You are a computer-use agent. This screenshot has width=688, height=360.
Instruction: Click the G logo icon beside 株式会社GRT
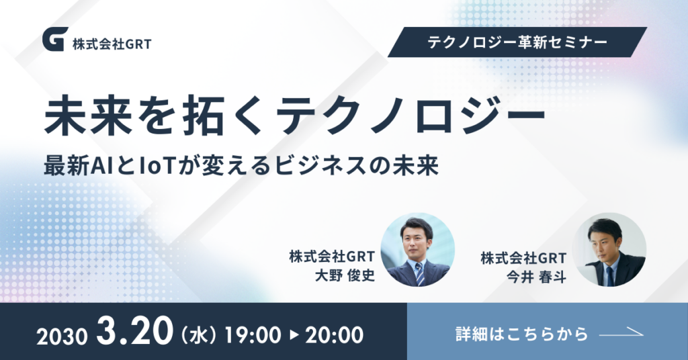coord(55,39)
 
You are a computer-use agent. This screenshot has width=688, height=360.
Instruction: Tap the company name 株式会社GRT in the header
coord(112,44)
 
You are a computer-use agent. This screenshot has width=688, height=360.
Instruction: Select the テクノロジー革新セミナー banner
coord(517,42)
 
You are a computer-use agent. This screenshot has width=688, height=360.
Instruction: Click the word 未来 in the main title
coord(88,116)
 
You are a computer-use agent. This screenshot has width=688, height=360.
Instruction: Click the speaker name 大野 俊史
coord(345,275)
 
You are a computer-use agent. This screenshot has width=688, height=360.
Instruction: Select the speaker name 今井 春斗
coord(537,277)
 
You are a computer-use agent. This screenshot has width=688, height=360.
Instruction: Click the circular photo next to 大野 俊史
coord(418,249)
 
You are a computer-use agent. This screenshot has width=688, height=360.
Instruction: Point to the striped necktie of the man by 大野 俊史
coord(420,273)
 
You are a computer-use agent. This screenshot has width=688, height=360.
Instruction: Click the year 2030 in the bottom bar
coord(62,336)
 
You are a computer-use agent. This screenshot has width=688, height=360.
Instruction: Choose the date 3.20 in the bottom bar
coord(134,332)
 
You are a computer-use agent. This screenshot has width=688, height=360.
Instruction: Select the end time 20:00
coord(335,335)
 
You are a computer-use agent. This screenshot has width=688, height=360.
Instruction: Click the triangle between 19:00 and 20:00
coord(294,335)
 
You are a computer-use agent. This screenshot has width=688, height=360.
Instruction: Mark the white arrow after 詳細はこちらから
coord(621,334)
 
